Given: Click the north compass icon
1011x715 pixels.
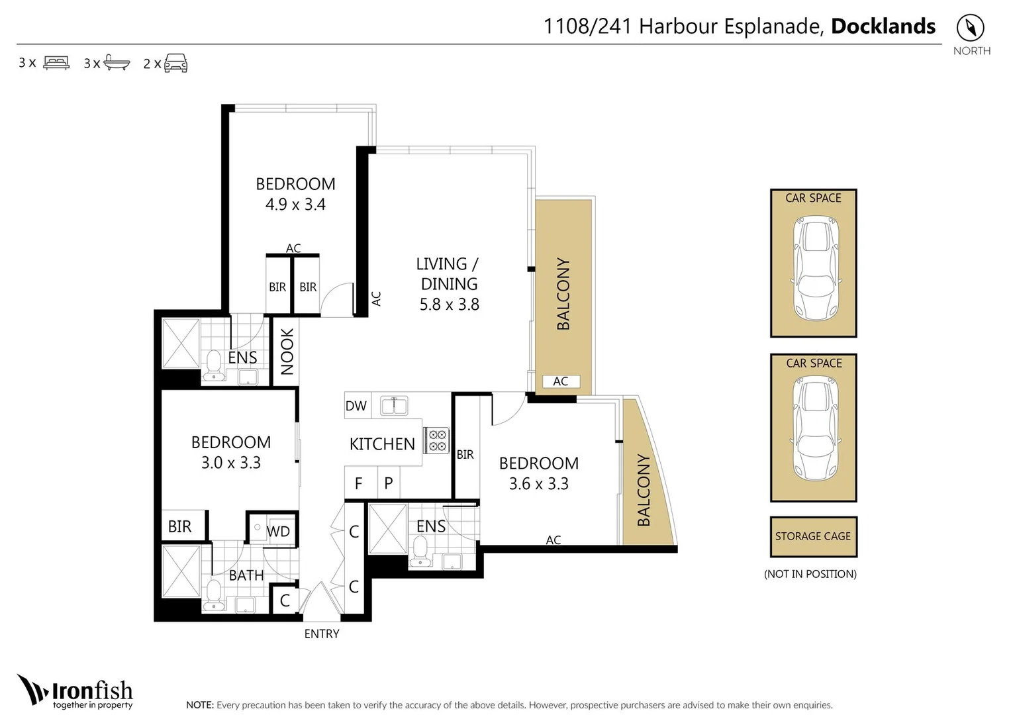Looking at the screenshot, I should click(x=971, y=28).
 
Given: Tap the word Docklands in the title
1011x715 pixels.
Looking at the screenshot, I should click(x=883, y=26).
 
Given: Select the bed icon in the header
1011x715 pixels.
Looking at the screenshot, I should click(x=56, y=63).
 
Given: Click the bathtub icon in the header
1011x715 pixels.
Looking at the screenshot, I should click(x=117, y=64).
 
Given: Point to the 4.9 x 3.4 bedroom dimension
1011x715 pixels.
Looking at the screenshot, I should click(x=295, y=205).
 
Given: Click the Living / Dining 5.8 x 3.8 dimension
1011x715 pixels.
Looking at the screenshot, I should click(x=449, y=305).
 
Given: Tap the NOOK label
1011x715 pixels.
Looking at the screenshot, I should click(x=287, y=352).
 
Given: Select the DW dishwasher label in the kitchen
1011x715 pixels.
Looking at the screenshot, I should click(x=356, y=406).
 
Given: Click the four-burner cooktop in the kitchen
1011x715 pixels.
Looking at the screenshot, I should click(x=438, y=440).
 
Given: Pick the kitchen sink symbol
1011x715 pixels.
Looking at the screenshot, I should click(x=394, y=405).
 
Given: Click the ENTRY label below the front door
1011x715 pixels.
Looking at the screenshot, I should click(x=322, y=634).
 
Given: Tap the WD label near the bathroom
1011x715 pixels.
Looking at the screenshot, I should click(x=278, y=532).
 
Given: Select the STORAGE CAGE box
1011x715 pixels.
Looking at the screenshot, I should click(x=813, y=536).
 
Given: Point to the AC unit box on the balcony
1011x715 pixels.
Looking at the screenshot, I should click(x=561, y=381).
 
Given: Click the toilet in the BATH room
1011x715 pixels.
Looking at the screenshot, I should click(x=213, y=594).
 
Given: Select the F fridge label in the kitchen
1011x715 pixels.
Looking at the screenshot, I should click(x=359, y=484).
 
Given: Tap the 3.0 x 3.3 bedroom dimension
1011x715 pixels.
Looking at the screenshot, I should click(x=231, y=463).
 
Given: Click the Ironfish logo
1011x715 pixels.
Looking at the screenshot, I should click(x=75, y=692).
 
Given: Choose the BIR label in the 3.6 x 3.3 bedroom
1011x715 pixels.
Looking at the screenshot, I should click(x=465, y=455).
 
